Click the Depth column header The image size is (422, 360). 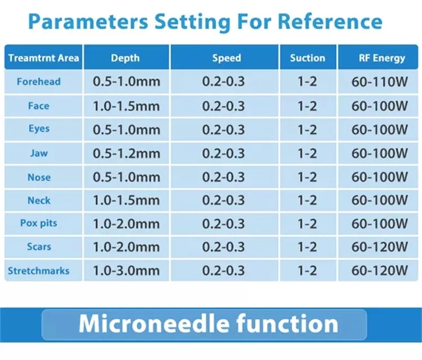point(125,58)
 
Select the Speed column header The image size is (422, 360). point(227,58)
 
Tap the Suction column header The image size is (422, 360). point(308,58)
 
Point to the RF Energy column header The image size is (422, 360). point(382,58)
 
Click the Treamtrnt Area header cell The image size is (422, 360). point(43,58)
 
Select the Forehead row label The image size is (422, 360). point(39,82)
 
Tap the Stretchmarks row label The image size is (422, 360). point(39,271)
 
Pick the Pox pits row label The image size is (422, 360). point(39,223)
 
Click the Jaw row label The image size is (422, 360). point(39,153)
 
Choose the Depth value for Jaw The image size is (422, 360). point(127,154)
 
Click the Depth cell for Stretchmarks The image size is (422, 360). point(127,271)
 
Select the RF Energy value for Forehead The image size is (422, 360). point(379,82)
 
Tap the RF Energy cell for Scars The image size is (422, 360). point(379,247)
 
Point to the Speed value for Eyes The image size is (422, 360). point(223,130)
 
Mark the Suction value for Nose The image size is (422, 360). point(307,177)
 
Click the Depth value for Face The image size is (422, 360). point(127,106)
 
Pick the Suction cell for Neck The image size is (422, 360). point(307,200)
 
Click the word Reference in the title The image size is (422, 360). point(330,21)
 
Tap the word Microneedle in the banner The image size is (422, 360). point(154,323)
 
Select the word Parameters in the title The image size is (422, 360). point(88,21)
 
